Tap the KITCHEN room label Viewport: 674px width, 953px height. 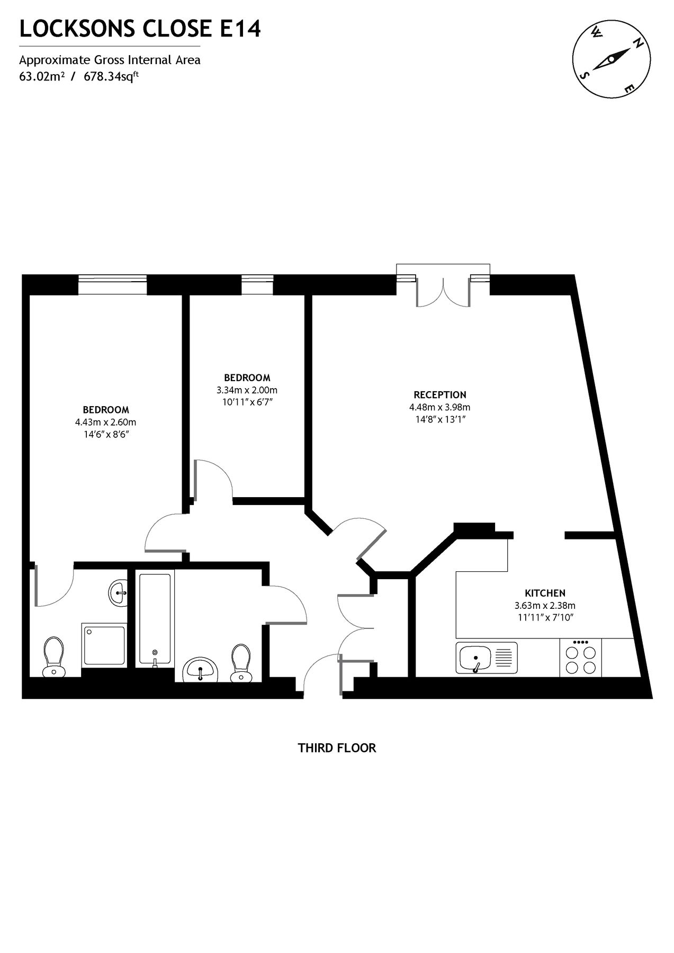coord(545,593)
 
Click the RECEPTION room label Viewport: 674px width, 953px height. coord(439,394)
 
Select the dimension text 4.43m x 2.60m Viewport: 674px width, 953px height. coord(105,422)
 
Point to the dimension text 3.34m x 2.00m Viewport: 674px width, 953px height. coord(247,390)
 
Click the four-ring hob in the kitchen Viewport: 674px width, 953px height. coord(580,658)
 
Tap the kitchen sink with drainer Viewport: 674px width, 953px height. coord(486,658)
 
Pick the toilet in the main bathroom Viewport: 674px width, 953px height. coord(241,662)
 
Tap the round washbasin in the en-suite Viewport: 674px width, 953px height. coord(118,592)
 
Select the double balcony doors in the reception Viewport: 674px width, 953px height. coord(443,291)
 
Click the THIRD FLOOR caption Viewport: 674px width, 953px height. coord(337,748)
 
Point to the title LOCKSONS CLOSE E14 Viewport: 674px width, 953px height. coord(140,29)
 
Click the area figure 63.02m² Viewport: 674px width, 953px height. coord(42,76)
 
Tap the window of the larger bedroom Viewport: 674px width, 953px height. coord(112,285)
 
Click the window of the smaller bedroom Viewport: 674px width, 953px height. coord(257,285)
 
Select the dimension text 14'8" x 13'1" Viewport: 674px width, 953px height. coord(439,419)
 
